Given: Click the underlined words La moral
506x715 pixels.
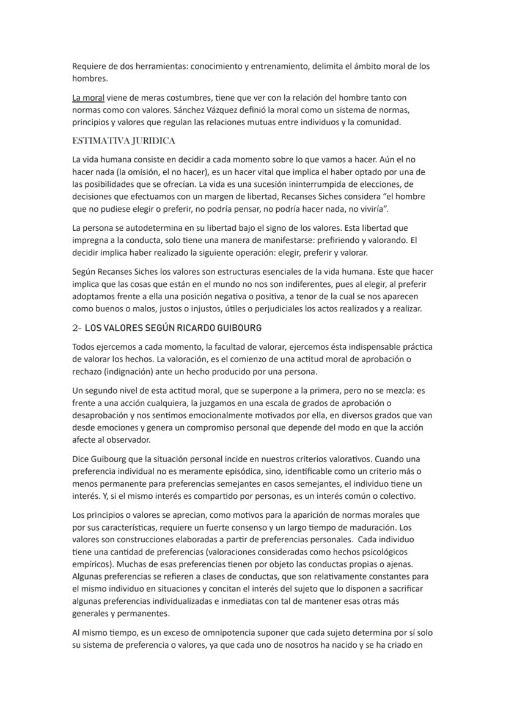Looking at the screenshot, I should [x=88, y=98].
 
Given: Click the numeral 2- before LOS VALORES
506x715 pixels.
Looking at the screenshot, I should [x=77, y=328].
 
